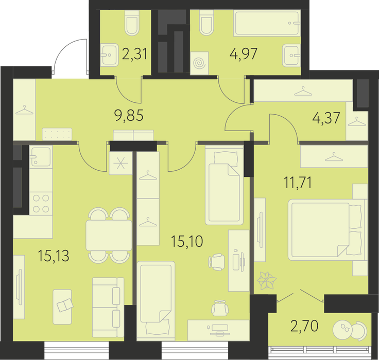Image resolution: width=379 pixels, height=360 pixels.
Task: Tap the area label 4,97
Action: tap(244, 53)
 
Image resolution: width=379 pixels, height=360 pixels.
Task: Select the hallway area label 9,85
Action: tap(129, 115)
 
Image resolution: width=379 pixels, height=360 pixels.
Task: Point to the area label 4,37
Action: tap(326, 118)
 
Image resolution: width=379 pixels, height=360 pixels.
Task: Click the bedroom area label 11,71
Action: tap(298, 182)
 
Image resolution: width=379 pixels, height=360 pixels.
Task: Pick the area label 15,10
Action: tap(187, 241)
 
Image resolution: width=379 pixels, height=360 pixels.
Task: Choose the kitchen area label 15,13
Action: tap(54, 256)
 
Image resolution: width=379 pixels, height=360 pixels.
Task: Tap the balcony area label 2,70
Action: tap(304, 326)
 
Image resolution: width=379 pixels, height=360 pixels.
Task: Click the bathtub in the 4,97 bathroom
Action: tap(267, 23)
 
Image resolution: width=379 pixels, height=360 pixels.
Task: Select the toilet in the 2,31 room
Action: tap(132, 23)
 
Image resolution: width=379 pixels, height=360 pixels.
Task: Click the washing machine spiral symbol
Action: tap(199, 63)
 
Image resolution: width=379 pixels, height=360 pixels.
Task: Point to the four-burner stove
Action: tap(41, 204)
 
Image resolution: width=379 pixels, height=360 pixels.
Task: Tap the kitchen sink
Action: tap(41, 156)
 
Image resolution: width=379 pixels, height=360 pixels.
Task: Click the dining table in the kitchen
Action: tap(109, 236)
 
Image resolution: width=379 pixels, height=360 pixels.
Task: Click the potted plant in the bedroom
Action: tap(267, 281)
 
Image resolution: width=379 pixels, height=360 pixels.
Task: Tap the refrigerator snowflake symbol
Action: tap(120, 163)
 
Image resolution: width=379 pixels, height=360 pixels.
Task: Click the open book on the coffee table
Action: tap(64, 305)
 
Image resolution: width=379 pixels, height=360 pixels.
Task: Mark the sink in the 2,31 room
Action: tap(109, 55)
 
